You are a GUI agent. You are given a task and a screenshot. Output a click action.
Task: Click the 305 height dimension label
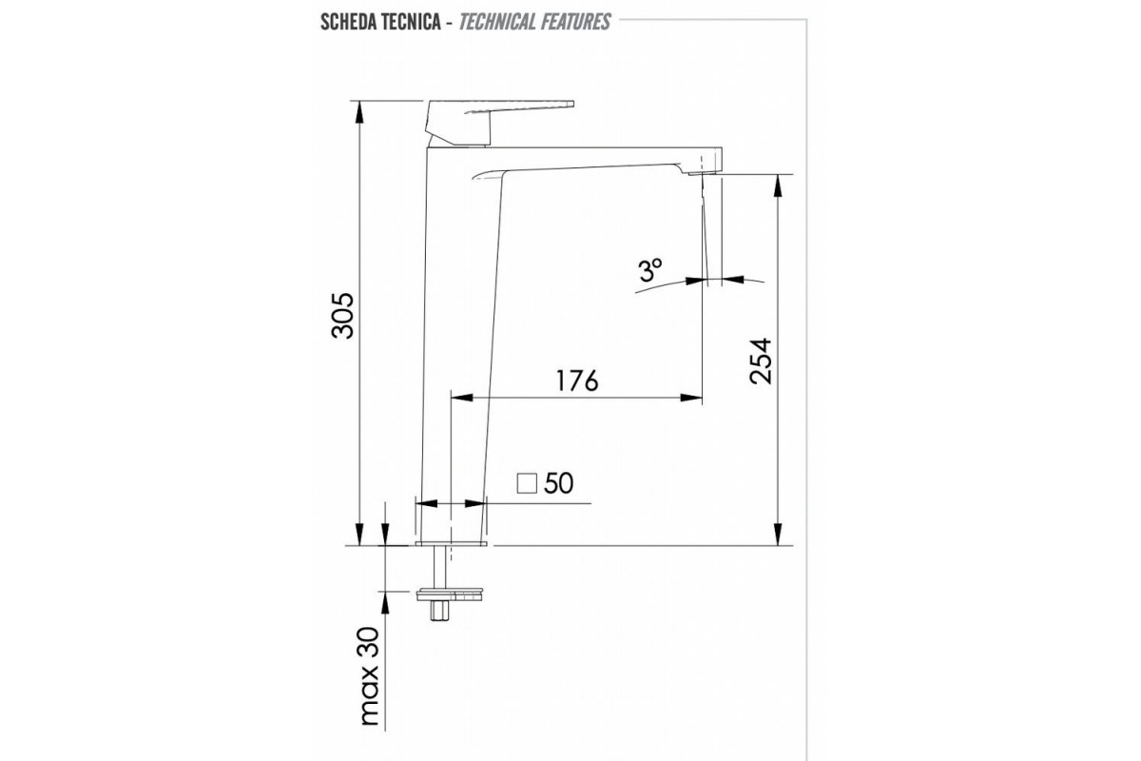tap(342, 315)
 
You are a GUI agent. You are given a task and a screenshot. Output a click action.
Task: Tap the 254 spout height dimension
tap(762, 361)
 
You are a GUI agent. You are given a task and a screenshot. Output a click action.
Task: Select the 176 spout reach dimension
tap(576, 380)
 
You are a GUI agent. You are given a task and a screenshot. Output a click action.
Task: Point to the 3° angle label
tap(650, 270)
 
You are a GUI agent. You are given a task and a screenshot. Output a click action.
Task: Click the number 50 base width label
tap(559, 482)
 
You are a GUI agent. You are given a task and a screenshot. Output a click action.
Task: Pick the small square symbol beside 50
tap(527, 483)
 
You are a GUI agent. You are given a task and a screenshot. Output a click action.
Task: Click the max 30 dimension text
tap(370, 675)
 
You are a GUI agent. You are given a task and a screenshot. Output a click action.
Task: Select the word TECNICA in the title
tap(417, 22)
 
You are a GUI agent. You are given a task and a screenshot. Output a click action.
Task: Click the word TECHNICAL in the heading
tap(496, 22)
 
